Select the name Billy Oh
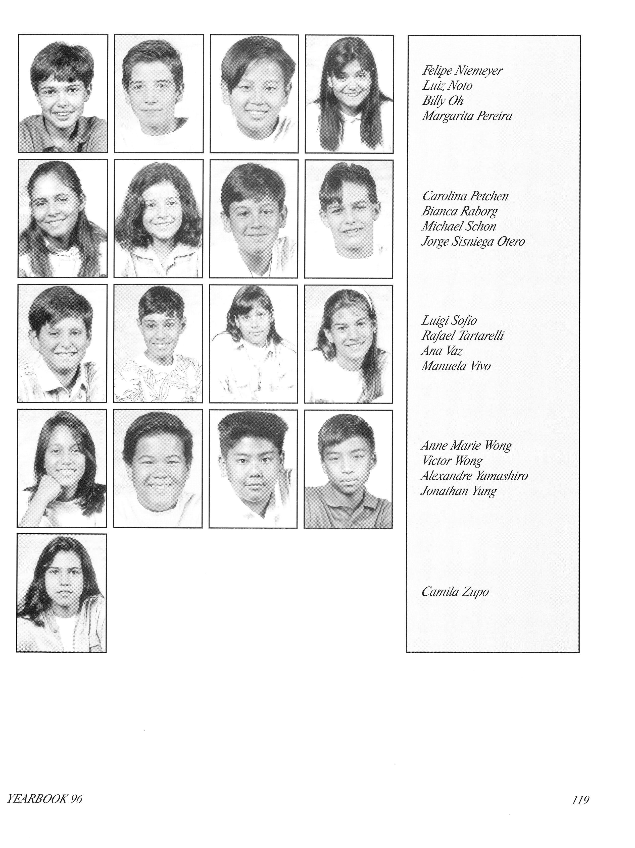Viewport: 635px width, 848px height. [443, 101]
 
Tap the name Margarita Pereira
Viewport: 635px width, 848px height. [467, 116]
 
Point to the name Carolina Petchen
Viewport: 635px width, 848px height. [465, 196]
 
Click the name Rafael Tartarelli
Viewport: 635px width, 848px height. [462, 336]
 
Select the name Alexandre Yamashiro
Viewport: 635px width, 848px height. [474, 476]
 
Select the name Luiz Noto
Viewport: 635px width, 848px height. [447, 86]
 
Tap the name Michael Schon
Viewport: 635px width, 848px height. [459, 226]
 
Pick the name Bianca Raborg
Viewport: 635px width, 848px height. [459, 211]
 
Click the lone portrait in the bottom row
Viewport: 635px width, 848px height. [61, 593]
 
